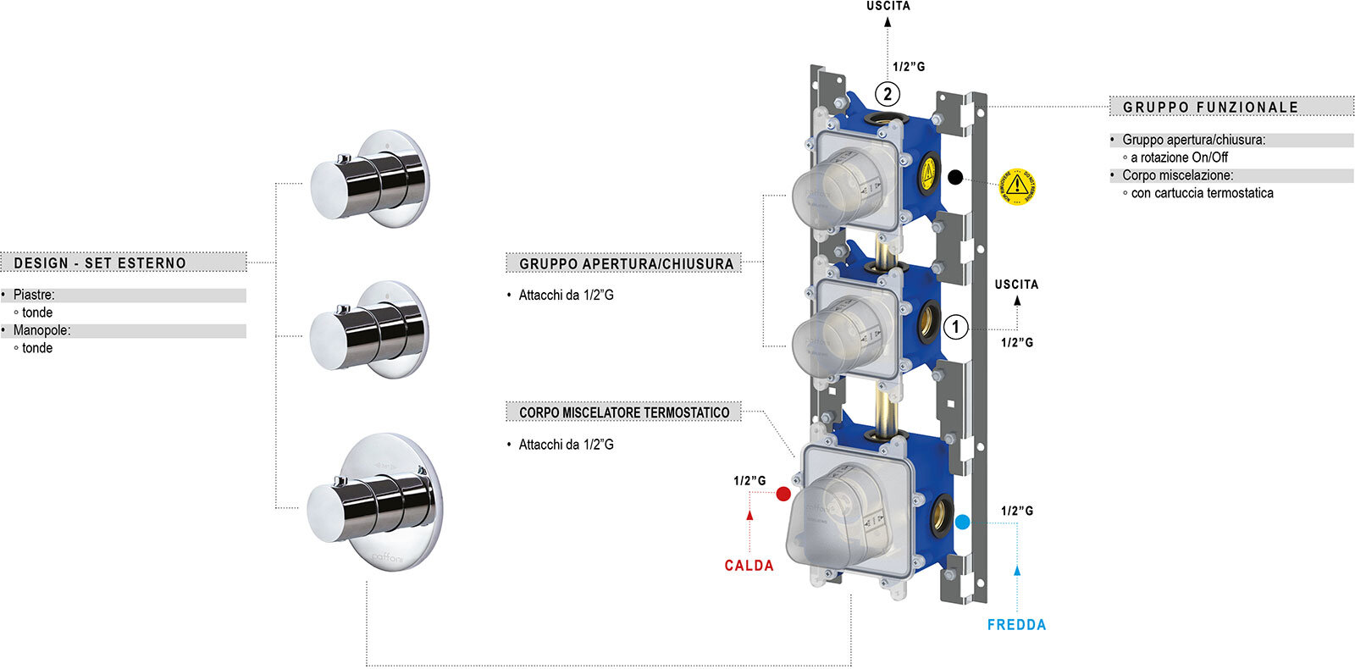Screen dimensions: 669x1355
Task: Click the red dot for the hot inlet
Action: [x=783, y=494]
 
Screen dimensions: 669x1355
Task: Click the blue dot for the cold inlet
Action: [x=962, y=522]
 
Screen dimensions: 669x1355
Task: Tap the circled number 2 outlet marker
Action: [x=888, y=94]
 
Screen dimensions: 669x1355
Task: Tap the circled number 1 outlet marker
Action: [x=956, y=327]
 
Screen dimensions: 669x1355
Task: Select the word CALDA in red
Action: [x=749, y=566]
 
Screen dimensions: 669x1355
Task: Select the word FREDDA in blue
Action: [x=1016, y=625]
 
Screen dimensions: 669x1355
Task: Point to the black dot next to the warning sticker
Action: [x=955, y=177]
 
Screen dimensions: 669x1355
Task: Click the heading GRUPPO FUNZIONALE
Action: [x=1210, y=108]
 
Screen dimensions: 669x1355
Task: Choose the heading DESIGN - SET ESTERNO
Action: [x=100, y=263]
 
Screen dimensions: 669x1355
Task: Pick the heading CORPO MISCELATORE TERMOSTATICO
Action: [x=624, y=412]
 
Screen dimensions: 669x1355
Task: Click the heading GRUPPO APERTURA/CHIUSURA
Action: [x=626, y=264]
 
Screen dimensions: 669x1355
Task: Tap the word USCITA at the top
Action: [x=888, y=6]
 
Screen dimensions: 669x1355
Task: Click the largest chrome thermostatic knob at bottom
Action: [x=373, y=504]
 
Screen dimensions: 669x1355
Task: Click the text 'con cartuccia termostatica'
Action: [x=1202, y=193]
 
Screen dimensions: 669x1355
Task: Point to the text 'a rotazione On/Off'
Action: [x=1179, y=158]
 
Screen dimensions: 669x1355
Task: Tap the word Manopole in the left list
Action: [x=41, y=330]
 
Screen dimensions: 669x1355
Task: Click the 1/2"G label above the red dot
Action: [x=749, y=481]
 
